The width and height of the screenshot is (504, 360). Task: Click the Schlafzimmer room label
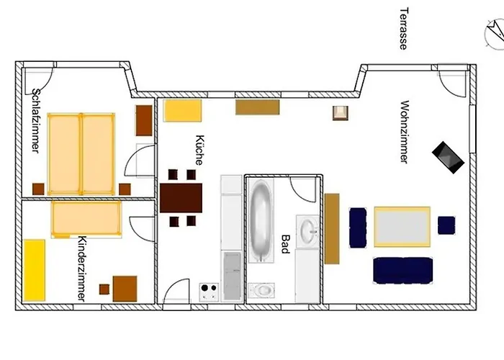(36, 121)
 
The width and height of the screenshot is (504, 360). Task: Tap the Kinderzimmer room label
(82, 269)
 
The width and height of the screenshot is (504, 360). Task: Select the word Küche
(199, 150)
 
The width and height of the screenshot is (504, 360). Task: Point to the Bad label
(285, 244)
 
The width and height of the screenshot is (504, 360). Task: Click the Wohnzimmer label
(405, 132)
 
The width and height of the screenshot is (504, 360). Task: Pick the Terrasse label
(403, 29)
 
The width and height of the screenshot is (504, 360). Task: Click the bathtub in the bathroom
(261, 221)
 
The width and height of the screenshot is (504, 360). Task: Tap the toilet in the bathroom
(261, 290)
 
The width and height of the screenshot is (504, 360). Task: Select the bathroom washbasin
(308, 231)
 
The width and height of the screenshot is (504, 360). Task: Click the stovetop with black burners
(209, 292)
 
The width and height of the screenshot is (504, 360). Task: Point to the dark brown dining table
(181, 198)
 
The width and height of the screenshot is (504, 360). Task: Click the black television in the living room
(448, 158)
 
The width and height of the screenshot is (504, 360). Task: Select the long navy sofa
(402, 270)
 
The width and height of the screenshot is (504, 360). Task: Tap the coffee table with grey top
(402, 227)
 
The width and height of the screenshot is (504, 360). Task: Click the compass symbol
(495, 34)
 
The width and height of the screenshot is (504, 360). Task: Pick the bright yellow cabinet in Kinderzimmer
(35, 270)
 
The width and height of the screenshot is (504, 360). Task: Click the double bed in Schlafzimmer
(81, 154)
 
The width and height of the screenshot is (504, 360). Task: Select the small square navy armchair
(446, 225)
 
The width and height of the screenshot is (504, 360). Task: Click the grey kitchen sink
(232, 276)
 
